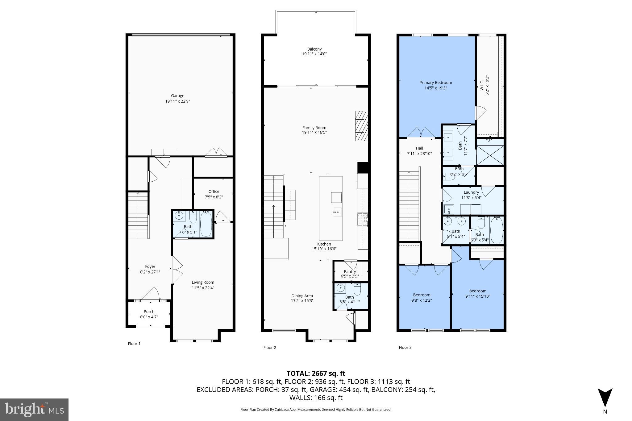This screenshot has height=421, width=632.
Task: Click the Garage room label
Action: tap(177, 96)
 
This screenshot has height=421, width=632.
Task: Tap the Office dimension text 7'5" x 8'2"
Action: tap(214, 197)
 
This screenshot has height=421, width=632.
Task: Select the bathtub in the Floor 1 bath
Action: tap(206, 224)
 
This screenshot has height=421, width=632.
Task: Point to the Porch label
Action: tap(149, 312)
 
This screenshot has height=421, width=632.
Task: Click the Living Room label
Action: tap(203, 282)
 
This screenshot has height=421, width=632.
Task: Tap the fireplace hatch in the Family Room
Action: tap(361, 130)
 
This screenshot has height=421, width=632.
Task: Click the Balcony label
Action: tap(314, 49)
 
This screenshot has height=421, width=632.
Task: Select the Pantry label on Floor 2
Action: tap(350, 271)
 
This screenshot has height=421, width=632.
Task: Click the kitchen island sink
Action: tap(337, 212)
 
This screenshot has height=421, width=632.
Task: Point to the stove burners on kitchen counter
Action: tap(363, 219)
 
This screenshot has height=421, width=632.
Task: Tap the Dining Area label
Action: tap(302, 296)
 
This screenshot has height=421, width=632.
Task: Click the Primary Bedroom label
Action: tap(435, 82)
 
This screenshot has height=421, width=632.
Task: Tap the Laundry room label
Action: tap(471, 192)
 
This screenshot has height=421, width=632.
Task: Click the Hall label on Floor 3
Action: tap(419, 148)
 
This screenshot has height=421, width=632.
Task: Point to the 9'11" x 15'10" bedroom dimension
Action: tap(478, 296)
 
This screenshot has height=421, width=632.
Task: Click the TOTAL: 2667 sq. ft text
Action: tap(316, 374)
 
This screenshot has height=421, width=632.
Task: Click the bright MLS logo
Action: tap(34, 410)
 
